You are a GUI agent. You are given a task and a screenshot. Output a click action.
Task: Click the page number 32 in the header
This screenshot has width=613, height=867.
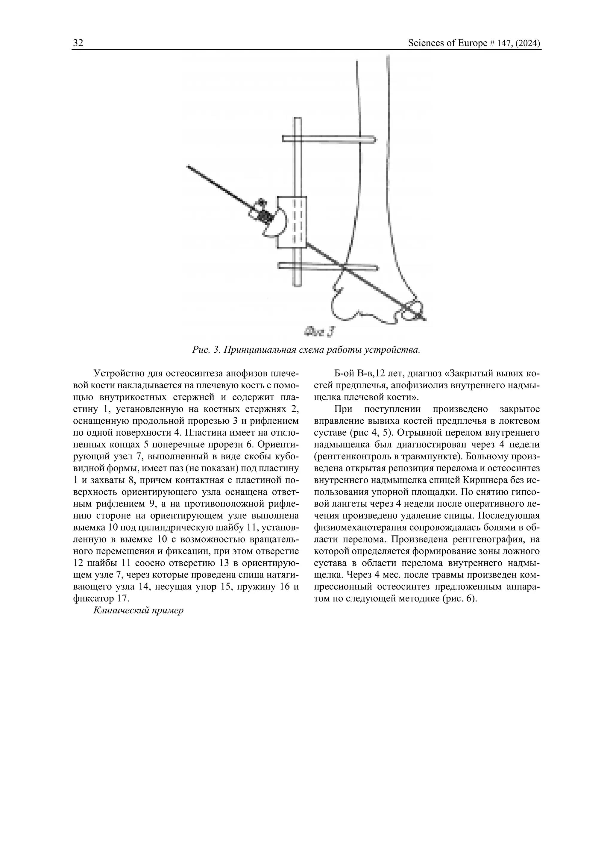point(78,43)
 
